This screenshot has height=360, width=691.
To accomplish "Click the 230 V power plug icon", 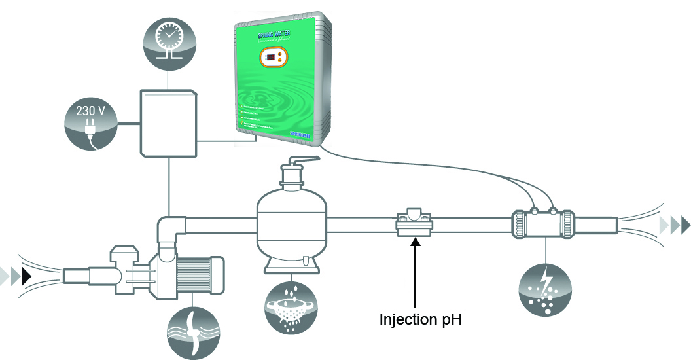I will point(91,124).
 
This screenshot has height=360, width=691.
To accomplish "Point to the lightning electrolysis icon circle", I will point(544,290).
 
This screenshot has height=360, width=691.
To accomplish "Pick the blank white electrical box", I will point(168,124).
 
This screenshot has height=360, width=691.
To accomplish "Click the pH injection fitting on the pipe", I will point(414,223).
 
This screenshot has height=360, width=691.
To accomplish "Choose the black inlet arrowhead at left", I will point(27,275).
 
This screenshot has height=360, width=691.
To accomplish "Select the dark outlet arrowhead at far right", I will point(684,226).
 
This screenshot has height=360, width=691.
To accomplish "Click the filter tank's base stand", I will point(291,266).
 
